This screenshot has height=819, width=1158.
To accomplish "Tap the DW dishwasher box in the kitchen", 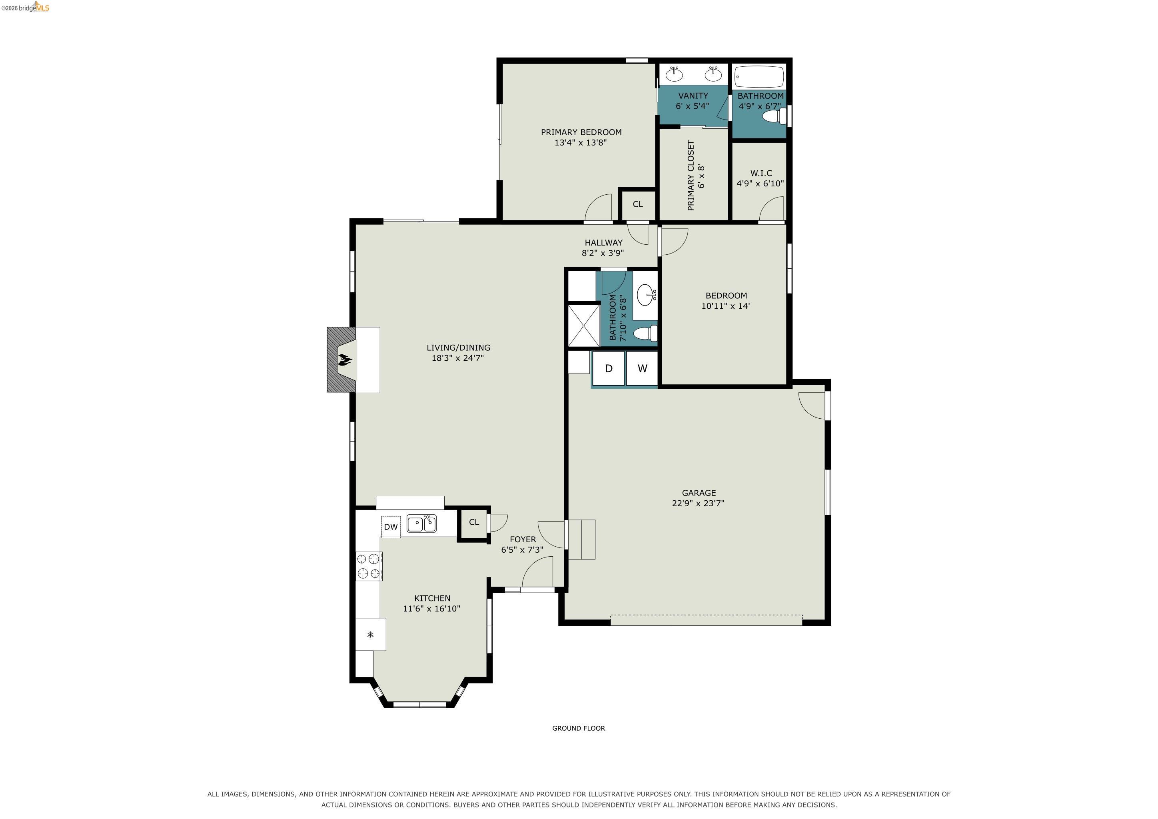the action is pyautogui.click(x=391, y=527).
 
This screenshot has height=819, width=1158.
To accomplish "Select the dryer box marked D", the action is pyautogui.click(x=608, y=368).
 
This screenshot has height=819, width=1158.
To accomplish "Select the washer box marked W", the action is pyautogui.click(x=642, y=368).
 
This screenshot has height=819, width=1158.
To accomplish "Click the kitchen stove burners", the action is pyautogui.click(x=369, y=566).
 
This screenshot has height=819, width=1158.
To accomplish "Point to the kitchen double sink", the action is pyautogui.click(x=421, y=523).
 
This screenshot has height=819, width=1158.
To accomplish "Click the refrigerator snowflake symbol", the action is pyautogui.click(x=370, y=634).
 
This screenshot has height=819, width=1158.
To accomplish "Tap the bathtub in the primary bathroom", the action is pyautogui.click(x=759, y=77).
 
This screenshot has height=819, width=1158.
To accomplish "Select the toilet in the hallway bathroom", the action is pyautogui.click(x=645, y=333).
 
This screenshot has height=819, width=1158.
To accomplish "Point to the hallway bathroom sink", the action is pyautogui.click(x=646, y=295).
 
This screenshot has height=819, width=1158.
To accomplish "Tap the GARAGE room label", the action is pyautogui.click(x=699, y=493).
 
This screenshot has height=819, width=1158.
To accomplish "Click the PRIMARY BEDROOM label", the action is pyautogui.click(x=581, y=132).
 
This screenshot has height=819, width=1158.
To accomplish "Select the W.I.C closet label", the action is pyautogui.click(x=761, y=173).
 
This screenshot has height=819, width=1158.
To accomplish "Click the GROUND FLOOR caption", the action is pyautogui.click(x=579, y=728).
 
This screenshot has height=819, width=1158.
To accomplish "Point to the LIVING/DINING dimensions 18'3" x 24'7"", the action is pyautogui.click(x=457, y=358).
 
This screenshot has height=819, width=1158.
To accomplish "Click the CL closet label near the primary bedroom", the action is pyautogui.click(x=637, y=204).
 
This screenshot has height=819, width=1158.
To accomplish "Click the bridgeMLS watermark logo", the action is pyautogui.click(x=25, y=7).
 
